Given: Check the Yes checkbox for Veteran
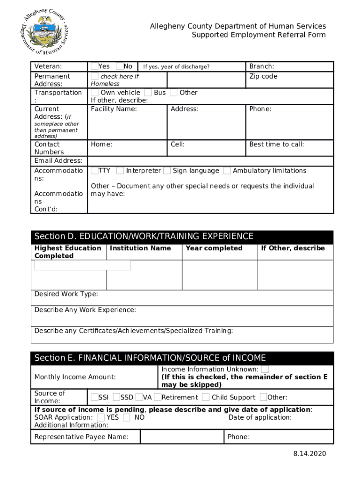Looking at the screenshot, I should [94, 66].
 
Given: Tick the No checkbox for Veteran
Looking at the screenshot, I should [120, 66].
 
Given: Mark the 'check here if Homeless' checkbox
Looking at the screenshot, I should [94, 76].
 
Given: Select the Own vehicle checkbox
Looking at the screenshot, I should [94, 93].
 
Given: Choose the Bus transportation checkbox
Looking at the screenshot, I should [148, 93].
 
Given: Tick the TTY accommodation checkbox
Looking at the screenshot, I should [94, 171].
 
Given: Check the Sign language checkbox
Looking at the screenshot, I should [167, 171].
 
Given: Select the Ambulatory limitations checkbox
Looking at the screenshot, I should [227, 171].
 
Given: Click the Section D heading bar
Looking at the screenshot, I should [182, 237].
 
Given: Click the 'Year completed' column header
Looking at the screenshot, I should [214, 248].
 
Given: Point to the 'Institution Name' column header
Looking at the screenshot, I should [140, 248].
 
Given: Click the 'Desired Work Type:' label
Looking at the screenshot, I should [66, 294].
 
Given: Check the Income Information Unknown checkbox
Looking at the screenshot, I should [265, 370].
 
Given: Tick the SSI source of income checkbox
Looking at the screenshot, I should [94, 398].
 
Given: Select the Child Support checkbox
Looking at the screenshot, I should [206, 398].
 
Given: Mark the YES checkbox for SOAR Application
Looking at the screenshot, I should [101, 417].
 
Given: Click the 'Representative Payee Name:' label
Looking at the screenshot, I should [81, 437].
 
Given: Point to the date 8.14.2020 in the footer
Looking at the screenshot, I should [310, 454].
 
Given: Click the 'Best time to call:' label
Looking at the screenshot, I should [276, 145].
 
